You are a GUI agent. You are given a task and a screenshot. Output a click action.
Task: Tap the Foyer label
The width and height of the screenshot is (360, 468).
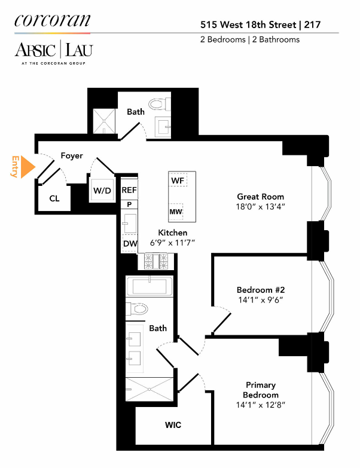click(72, 156)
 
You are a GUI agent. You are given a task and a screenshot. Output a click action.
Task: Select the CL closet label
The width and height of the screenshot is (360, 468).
click(54, 198)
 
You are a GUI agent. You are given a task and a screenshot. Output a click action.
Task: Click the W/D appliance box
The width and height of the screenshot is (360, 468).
click(102, 191)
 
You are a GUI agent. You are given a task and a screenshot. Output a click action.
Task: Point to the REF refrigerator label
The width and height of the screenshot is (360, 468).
click(130, 189)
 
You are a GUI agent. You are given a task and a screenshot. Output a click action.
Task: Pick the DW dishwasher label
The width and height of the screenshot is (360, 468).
click(130, 243)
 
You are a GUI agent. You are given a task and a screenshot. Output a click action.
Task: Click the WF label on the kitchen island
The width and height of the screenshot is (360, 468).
click(178, 180)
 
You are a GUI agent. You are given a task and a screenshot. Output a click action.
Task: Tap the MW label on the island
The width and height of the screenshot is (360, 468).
click(176, 212)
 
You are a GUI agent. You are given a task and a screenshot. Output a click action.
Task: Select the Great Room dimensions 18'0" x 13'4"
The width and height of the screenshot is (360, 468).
click(261, 207)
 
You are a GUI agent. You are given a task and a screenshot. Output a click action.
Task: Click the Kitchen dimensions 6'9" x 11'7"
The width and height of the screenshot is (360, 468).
click(173, 243)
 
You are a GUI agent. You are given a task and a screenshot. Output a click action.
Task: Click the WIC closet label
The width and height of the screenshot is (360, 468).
click(173, 425)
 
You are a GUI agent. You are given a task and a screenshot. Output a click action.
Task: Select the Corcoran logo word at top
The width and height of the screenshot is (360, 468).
click(52, 20)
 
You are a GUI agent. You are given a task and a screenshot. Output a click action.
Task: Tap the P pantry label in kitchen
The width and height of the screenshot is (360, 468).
click(129, 204)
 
